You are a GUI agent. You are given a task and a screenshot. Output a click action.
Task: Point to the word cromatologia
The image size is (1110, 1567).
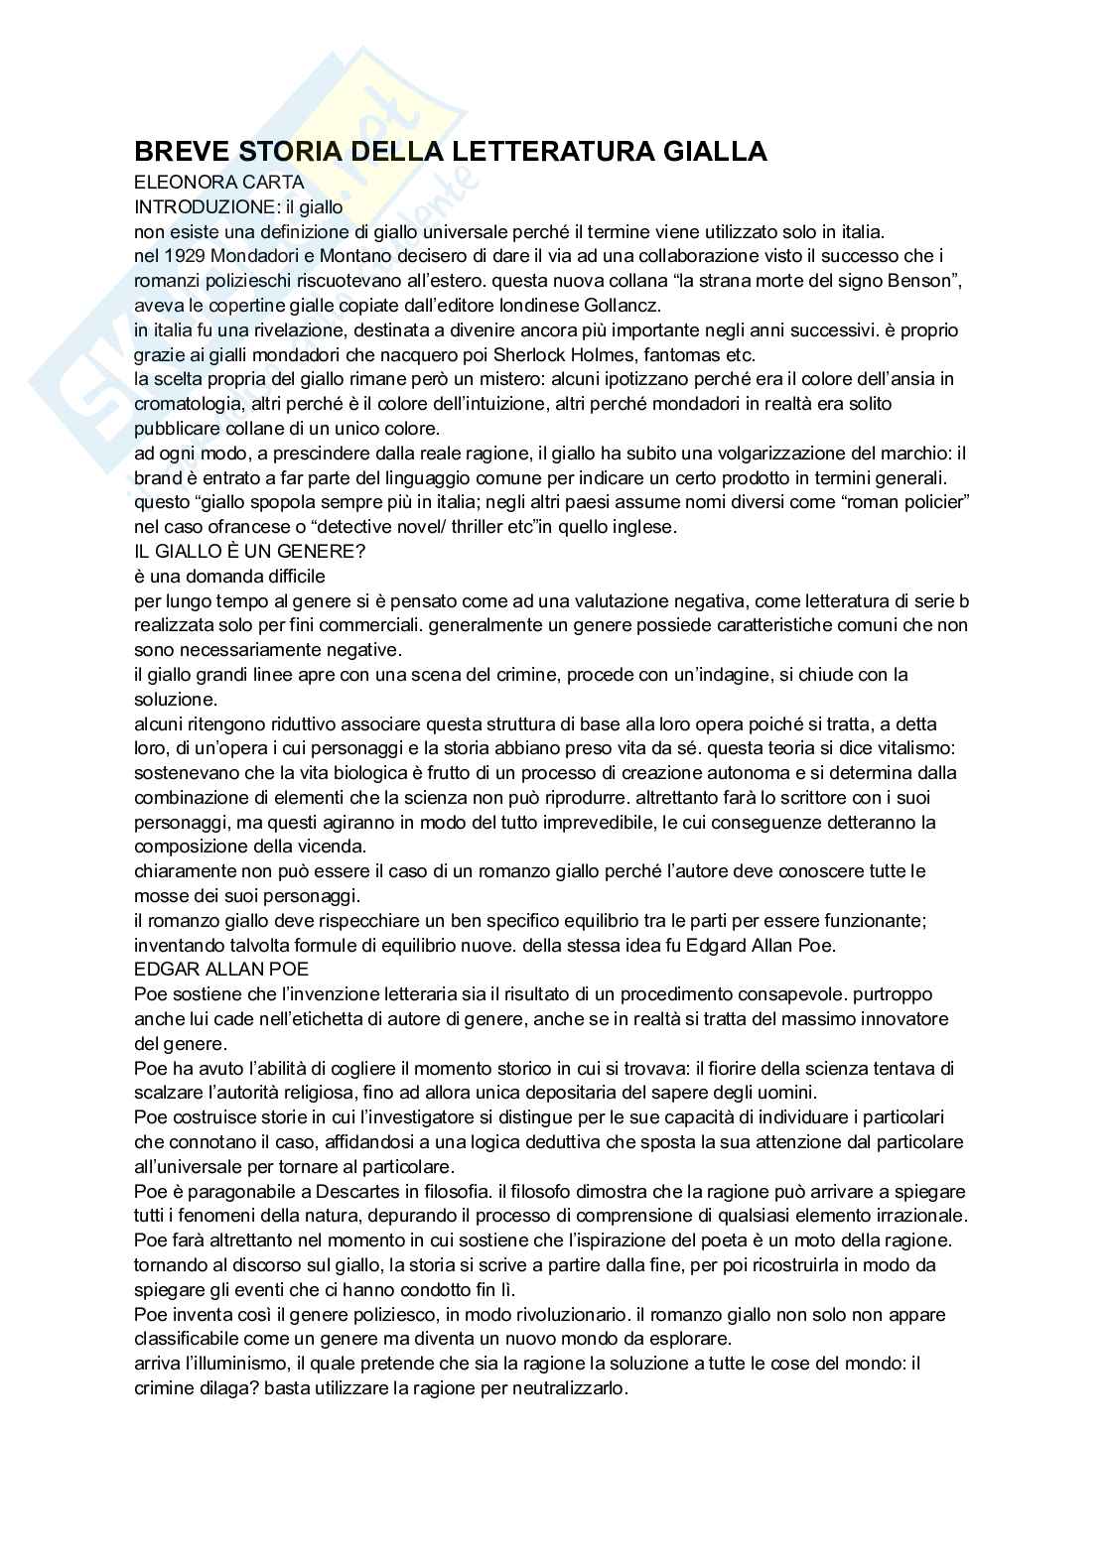[192, 404]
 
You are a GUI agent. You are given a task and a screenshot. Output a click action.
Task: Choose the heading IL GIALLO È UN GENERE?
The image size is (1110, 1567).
[250, 552]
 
